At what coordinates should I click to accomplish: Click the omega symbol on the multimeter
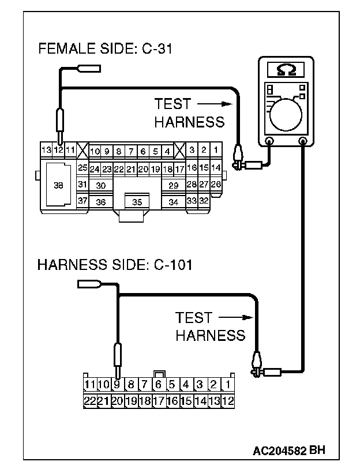click(287, 70)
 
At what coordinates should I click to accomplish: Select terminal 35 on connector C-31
click(137, 202)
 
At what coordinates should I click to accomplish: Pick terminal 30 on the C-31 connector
click(101, 185)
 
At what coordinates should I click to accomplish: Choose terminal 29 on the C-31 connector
click(172, 185)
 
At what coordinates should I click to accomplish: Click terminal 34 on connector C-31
click(173, 202)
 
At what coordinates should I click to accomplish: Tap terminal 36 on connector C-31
click(101, 202)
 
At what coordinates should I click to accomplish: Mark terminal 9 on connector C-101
click(117, 384)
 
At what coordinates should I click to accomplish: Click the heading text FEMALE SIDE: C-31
click(106, 48)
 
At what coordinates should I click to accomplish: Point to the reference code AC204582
click(280, 450)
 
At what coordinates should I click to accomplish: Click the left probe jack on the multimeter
click(269, 141)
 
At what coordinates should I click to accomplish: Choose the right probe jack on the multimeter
click(302, 141)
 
